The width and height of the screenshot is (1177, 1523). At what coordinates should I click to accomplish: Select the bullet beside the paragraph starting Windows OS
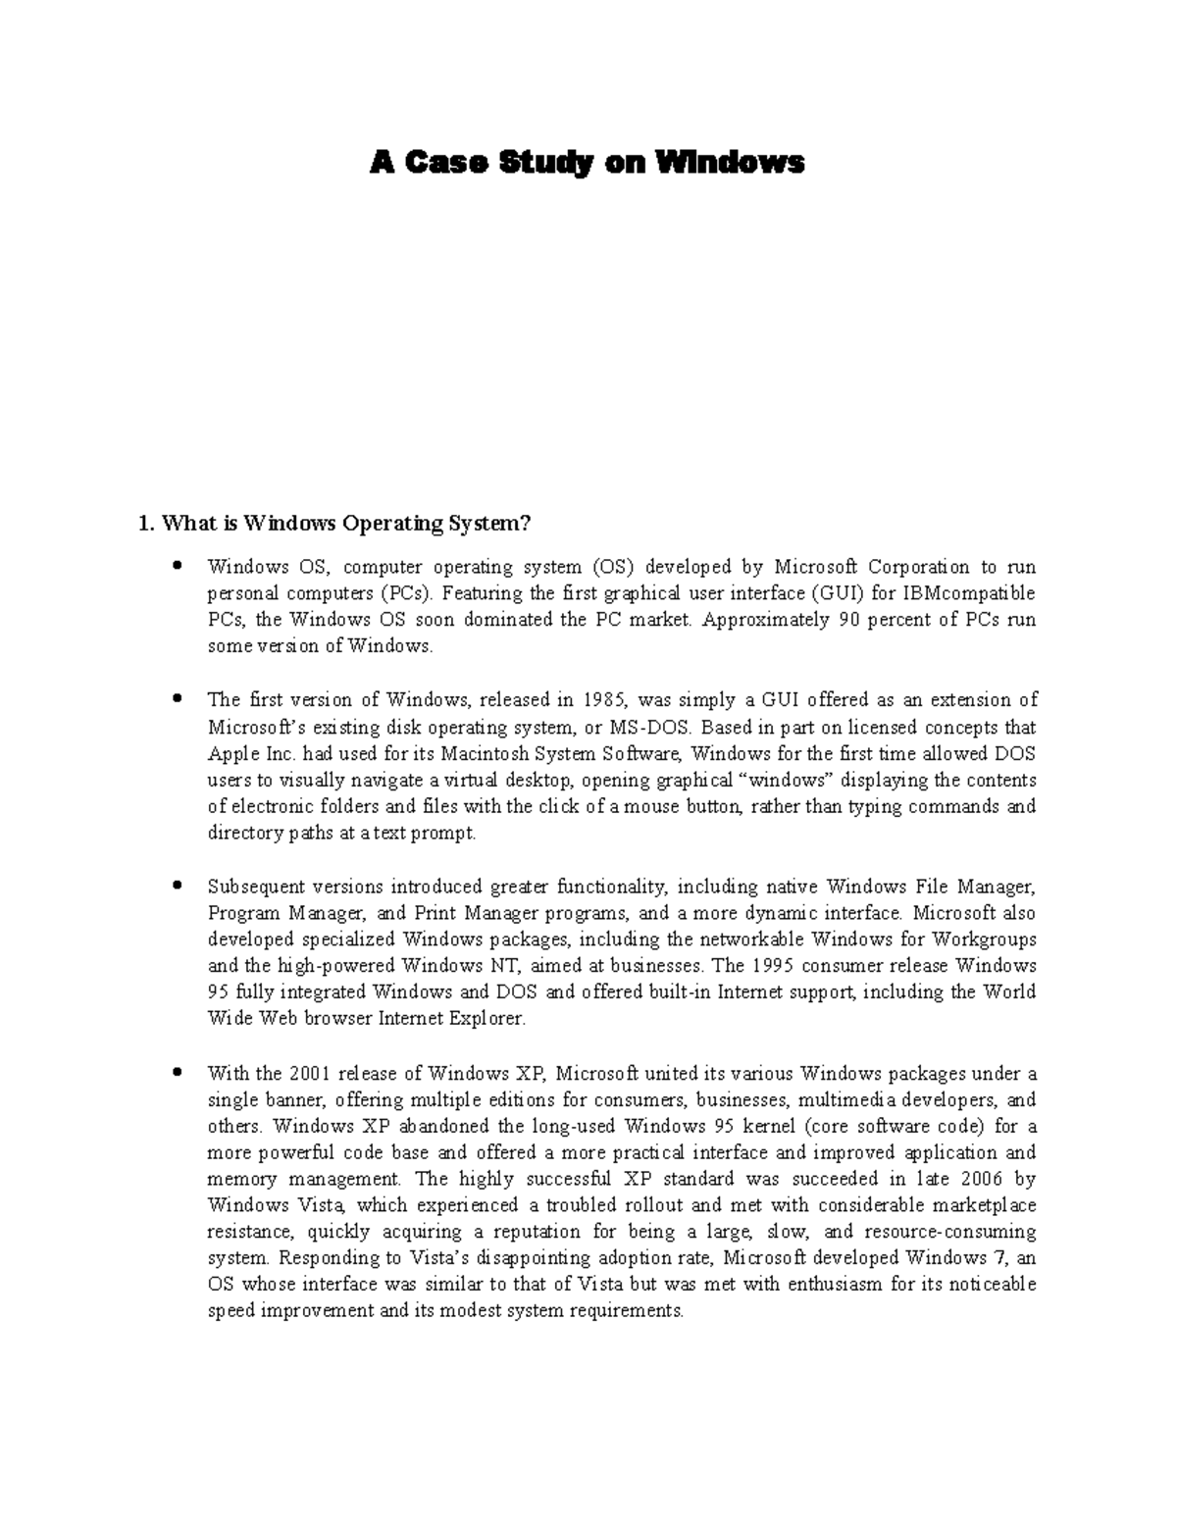tap(178, 566)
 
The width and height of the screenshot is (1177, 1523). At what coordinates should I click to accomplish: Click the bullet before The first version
tap(178, 699)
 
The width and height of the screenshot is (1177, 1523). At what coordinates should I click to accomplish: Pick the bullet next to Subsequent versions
tap(178, 886)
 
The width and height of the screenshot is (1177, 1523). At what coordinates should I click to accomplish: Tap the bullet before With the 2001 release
tap(178, 1072)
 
